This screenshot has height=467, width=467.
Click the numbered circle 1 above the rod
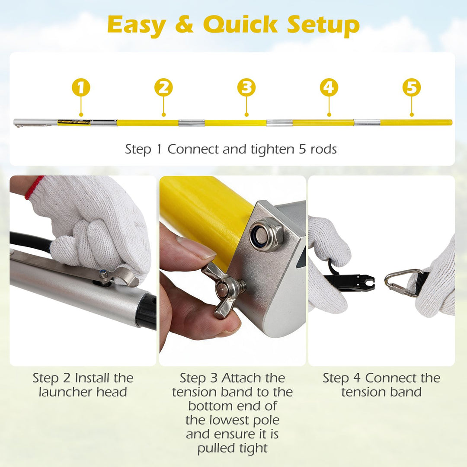tap(81, 87)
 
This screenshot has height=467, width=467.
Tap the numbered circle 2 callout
tap(163, 87)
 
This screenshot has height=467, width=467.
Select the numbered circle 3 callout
tap(246, 87)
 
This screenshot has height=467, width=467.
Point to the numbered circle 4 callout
tap(329, 87)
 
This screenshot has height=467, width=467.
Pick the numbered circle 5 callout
tap(412, 87)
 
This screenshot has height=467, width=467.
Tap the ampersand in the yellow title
tap(185, 24)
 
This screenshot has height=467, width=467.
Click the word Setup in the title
tap(323, 26)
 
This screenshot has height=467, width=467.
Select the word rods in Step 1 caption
tap(323, 149)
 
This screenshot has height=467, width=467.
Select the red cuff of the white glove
tap(34, 187)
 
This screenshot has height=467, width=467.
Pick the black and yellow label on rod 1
tap(74, 122)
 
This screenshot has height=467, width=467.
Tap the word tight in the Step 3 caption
tap(254, 448)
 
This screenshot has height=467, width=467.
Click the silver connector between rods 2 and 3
tap(192, 123)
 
